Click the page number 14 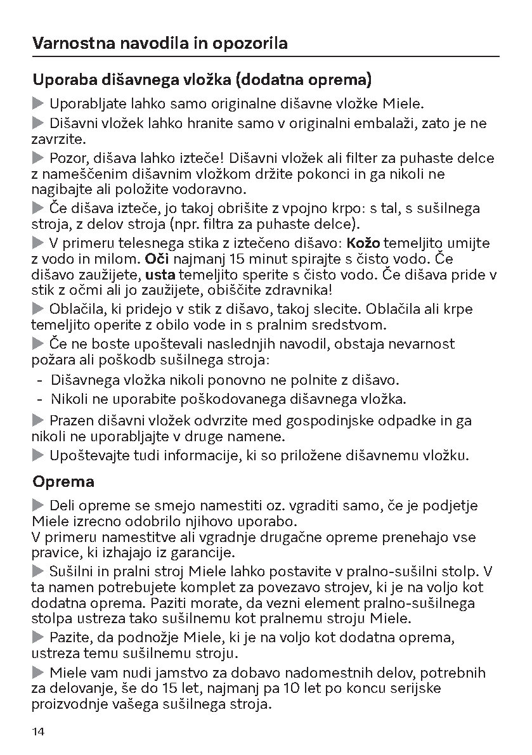point(38,732)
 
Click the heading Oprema point(63,482)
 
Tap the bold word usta point(161,274)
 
